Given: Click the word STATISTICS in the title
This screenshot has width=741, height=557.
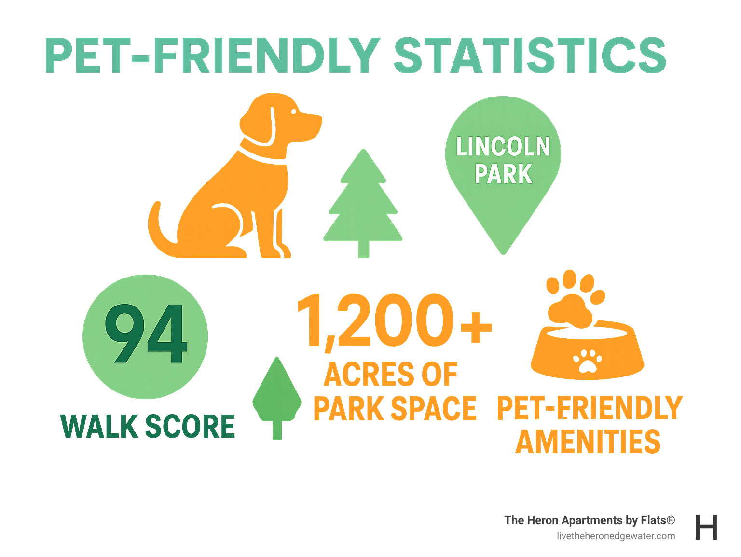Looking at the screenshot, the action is (x=530, y=56).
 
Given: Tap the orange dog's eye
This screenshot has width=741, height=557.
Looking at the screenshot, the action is (x=293, y=111).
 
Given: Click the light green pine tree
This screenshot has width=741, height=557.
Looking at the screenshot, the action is (x=363, y=203).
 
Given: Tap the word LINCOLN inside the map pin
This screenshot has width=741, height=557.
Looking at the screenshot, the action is (x=503, y=147).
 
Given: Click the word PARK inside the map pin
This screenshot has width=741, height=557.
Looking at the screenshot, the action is (x=503, y=174).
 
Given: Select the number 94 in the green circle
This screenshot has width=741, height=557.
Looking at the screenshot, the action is (x=146, y=334).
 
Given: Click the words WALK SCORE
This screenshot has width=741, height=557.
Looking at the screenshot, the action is (x=148, y=426).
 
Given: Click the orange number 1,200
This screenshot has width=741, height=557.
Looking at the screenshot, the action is (x=375, y=321).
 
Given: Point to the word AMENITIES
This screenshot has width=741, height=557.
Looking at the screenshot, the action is (x=588, y=442).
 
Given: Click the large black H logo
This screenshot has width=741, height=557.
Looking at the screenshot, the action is (x=706, y=527).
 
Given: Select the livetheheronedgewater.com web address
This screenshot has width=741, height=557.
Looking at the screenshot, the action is (x=616, y=536).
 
